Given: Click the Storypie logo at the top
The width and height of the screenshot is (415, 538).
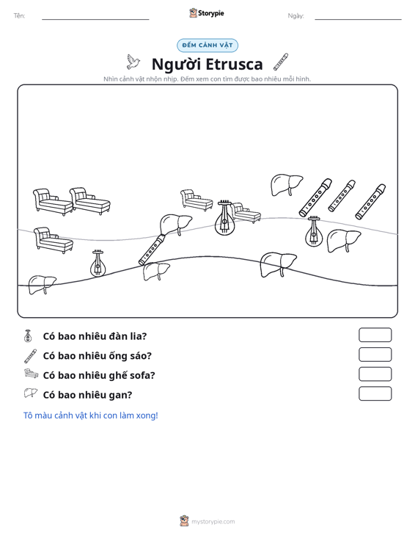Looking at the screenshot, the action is pyautogui.click(x=207, y=13).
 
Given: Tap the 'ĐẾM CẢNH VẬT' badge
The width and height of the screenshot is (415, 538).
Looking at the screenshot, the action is pyautogui.click(x=207, y=46).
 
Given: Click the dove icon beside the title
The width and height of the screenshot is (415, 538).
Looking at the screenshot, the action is pyautogui.click(x=133, y=62).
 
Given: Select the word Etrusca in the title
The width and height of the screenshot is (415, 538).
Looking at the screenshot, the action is pyautogui.click(x=235, y=64).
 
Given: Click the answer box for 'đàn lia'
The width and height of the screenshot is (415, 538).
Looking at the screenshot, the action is pyautogui.click(x=375, y=335).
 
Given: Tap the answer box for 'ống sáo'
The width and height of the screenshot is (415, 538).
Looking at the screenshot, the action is pyautogui.click(x=375, y=355).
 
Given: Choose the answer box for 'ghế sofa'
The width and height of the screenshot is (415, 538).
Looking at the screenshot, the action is pyautogui.click(x=375, y=374).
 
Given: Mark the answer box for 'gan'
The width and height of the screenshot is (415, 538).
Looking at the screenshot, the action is pyautogui.click(x=375, y=393).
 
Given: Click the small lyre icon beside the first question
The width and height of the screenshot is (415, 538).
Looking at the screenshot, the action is pyautogui.click(x=28, y=336).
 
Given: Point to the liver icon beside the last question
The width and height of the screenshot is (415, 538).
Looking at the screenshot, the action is pyautogui.click(x=30, y=393).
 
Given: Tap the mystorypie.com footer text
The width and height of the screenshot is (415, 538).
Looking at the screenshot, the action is pyautogui.click(x=213, y=522).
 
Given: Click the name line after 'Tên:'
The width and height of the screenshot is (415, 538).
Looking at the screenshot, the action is pyautogui.click(x=95, y=19).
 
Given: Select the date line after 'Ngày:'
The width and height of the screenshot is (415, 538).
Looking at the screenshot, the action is pyautogui.click(x=358, y=19).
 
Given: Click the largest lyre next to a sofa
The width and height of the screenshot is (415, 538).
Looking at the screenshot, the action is pyautogui.click(x=224, y=218).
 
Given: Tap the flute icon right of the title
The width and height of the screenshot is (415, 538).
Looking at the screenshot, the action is pyautogui.click(x=281, y=62).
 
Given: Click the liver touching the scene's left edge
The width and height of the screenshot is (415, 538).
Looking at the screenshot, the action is pyautogui.click(x=42, y=285).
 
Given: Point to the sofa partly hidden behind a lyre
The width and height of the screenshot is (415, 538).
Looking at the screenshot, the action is pyautogui.click(x=246, y=213).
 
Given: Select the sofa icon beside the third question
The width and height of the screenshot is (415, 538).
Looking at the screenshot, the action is pyautogui.click(x=31, y=374).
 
